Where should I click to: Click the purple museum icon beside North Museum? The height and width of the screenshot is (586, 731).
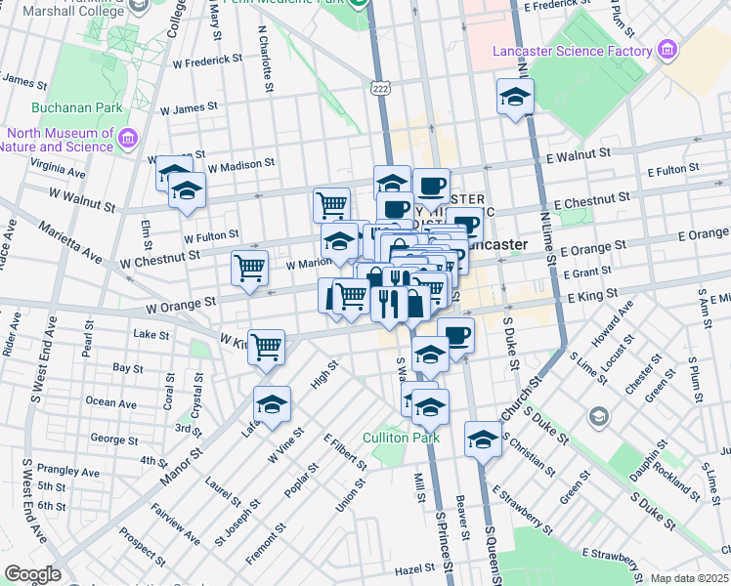coord(127,139)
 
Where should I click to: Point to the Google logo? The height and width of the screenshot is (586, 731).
coord(32,574)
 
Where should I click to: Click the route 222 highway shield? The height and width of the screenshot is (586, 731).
coord(381,88)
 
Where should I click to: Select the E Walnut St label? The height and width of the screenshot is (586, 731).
coord(579,153)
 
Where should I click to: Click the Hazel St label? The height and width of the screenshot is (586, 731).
coord(414,568)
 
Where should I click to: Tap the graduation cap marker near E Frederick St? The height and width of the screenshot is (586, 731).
coord(515,97)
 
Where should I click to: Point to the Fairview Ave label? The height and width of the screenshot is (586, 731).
coord(176,524)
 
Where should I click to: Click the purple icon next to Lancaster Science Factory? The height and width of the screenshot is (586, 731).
coord(667,50)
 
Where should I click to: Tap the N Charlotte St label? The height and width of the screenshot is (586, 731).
coord(265,61)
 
